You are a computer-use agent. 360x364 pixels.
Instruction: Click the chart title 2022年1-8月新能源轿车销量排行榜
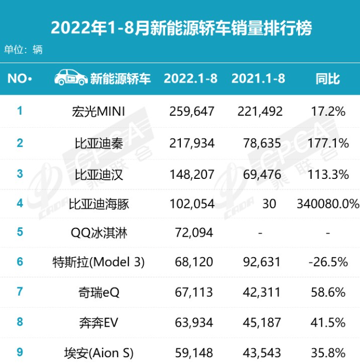[181, 27]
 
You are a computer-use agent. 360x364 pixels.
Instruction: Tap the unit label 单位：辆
[23, 50]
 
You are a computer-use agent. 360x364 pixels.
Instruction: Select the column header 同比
[327, 79]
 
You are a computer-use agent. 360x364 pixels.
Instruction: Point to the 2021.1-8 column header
[258, 78]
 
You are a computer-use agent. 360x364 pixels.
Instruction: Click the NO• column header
[20, 79]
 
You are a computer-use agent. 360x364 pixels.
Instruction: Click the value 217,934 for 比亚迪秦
[193, 143]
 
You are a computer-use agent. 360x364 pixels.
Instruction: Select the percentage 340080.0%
[328, 204]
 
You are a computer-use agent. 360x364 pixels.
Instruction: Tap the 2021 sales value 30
[269, 204]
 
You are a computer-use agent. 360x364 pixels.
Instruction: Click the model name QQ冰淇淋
[99, 232]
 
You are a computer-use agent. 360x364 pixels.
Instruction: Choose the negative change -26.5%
[327, 262]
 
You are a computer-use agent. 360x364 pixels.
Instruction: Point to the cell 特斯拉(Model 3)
[99, 262]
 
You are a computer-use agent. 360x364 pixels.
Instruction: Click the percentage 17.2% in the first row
[328, 112]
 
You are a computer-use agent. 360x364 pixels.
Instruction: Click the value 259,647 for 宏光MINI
[193, 112]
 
